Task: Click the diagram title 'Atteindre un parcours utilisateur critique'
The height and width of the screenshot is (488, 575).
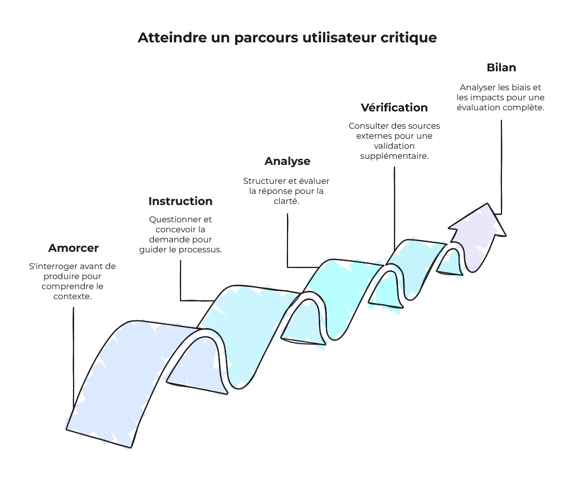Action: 287,38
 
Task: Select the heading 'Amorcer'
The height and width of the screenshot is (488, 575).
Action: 74,248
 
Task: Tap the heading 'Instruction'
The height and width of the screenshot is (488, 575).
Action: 181,201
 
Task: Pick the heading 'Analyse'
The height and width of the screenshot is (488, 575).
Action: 287,161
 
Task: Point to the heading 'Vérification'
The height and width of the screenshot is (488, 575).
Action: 394,108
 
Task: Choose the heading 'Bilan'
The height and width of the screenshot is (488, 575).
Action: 501,67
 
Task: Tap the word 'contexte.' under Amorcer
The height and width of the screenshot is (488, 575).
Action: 72,296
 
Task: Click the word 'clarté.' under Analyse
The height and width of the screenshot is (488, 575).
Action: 287,201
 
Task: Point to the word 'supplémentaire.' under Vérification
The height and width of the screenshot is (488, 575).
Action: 394,156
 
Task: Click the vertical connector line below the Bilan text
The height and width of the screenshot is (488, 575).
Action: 501,167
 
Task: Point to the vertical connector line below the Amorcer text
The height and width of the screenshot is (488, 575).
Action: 74,357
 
